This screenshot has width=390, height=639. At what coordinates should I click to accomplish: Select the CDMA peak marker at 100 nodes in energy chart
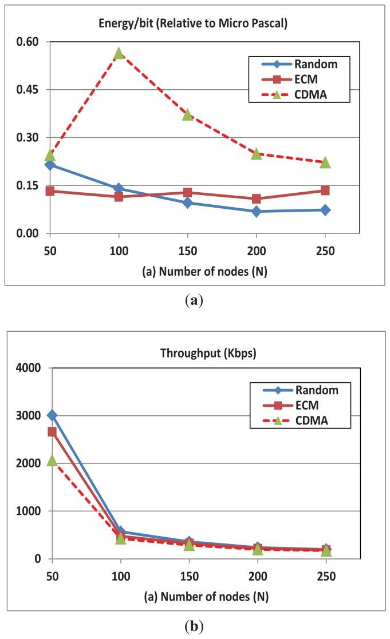tap(119, 53)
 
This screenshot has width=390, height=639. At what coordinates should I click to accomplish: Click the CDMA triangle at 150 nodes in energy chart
tap(187, 115)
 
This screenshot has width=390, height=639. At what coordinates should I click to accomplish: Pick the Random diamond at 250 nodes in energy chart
tap(325, 210)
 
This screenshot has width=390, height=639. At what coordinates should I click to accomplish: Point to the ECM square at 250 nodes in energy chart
tap(325, 190)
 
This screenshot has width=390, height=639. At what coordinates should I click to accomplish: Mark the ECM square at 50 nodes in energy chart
tap(50, 190)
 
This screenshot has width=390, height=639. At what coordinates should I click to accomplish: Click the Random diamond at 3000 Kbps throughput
tap(52, 415)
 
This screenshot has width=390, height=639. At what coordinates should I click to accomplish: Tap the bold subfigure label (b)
tap(195, 625)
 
